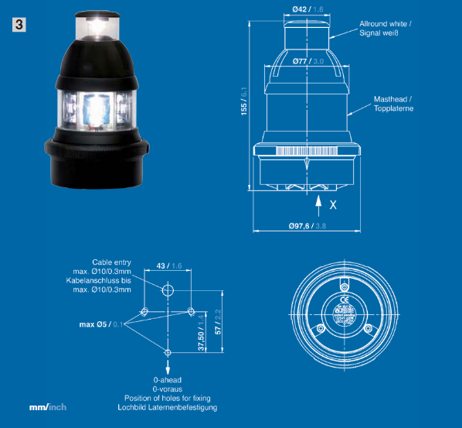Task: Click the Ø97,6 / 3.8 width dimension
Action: (x=307, y=226)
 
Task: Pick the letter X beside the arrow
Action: (x=333, y=205)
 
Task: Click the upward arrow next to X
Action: (x=319, y=204)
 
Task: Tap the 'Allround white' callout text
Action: (x=384, y=24)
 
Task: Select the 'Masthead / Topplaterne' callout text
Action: (x=393, y=104)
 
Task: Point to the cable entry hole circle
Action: (x=168, y=290)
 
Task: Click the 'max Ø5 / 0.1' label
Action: (x=101, y=324)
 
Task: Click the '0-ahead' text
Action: (x=167, y=381)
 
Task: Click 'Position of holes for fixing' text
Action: (x=167, y=398)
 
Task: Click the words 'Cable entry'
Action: (x=112, y=262)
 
